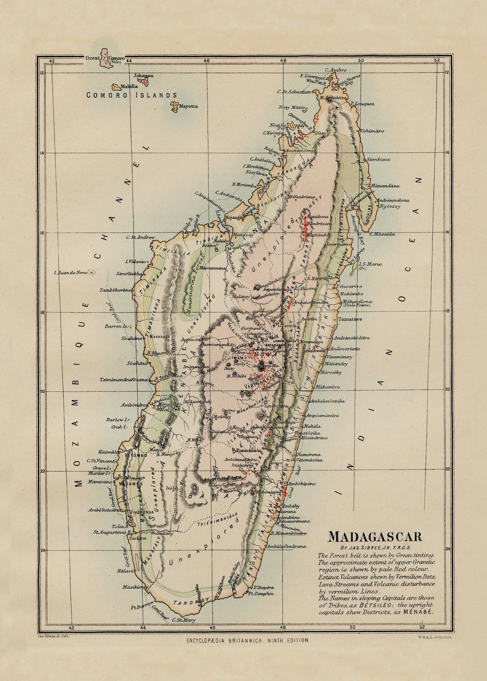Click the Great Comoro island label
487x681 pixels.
[x=105, y=58]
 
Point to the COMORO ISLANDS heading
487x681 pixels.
[x=132, y=95]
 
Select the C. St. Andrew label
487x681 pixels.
[x=141, y=237]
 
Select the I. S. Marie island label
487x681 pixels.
[x=371, y=264]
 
